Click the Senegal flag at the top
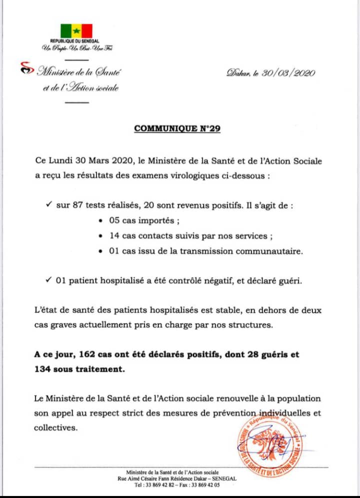76,31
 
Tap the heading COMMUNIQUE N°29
177,128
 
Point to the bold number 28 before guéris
252,355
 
